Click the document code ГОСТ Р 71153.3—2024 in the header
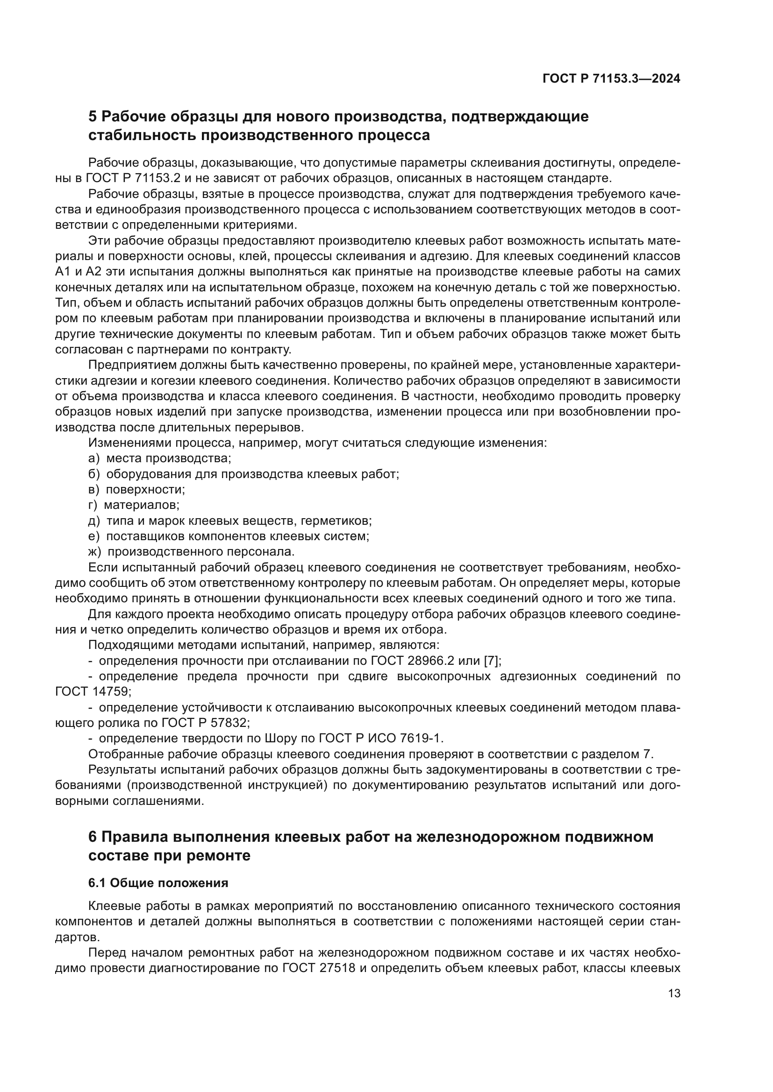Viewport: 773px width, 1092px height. pos(611,79)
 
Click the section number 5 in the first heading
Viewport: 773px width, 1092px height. pos(93,117)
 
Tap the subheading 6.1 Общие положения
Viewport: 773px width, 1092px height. pos(158,883)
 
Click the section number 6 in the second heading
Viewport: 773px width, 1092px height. pos(93,837)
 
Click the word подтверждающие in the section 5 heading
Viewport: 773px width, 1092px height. pos(520,117)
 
